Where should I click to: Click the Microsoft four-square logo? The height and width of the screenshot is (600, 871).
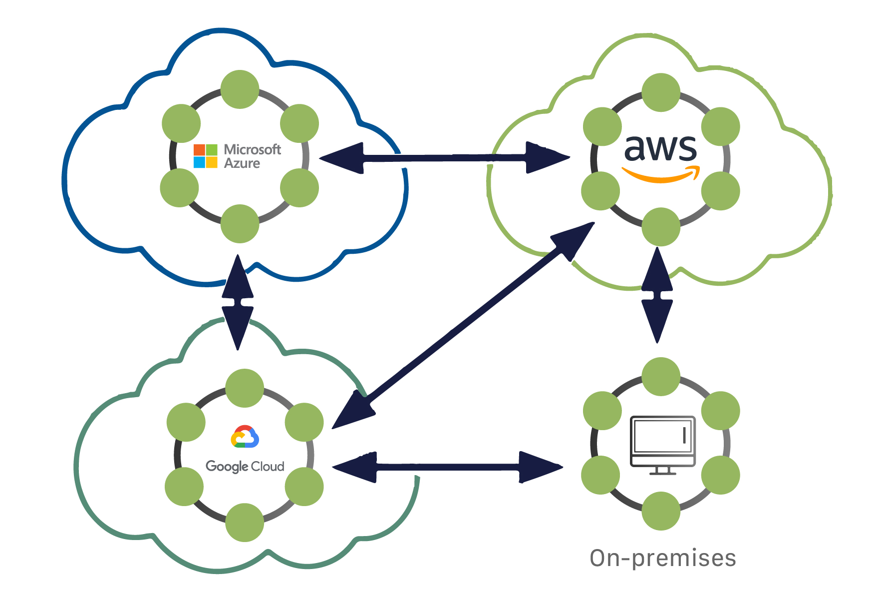(x=205, y=156)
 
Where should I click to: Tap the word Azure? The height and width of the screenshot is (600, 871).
(x=242, y=163)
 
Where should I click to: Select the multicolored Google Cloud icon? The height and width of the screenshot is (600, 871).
(x=245, y=437)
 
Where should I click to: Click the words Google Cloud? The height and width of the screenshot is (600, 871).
(x=245, y=466)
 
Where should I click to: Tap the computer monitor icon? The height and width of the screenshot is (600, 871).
(x=662, y=445)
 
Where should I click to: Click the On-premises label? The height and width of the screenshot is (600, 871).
(x=662, y=558)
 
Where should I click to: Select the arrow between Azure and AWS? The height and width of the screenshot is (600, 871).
(x=444, y=158)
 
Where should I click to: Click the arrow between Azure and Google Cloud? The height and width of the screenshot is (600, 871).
(x=238, y=302)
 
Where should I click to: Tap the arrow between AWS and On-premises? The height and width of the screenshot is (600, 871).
(x=657, y=295)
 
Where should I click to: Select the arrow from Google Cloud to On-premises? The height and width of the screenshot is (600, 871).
(x=447, y=467)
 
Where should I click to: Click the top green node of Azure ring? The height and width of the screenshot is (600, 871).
(x=240, y=89)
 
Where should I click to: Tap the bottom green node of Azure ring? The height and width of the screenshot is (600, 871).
(x=240, y=224)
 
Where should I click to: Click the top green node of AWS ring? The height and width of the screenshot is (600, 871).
(x=661, y=93)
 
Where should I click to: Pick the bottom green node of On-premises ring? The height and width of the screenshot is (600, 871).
(x=661, y=511)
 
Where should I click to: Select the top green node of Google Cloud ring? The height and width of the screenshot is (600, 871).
(x=245, y=388)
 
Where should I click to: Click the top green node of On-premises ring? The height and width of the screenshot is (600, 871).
(x=661, y=377)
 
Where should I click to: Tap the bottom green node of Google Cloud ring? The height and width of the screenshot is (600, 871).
(x=245, y=523)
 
